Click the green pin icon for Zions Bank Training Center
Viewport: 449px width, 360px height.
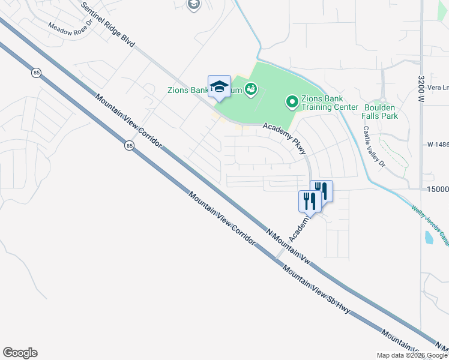coord(292,102)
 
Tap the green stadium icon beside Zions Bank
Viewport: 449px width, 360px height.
coord(252,91)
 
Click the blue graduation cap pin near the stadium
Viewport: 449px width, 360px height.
coord(219,86)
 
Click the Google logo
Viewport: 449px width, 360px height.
coord(20,352)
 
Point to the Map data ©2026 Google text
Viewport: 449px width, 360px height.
coord(411,355)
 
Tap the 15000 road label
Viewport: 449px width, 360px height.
coord(438,190)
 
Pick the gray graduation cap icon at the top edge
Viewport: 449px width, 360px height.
coord(193,5)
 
